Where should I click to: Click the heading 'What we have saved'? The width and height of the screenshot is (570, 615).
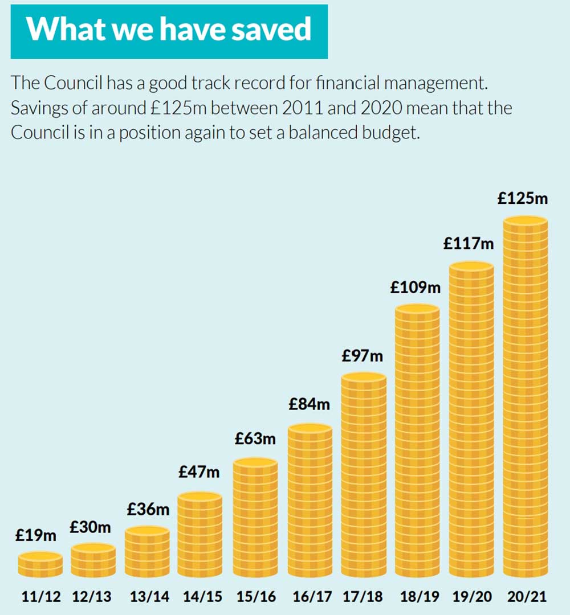(x=169, y=29)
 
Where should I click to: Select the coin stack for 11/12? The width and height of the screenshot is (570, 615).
(x=40, y=564)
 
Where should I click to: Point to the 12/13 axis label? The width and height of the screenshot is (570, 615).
(x=92, y=597)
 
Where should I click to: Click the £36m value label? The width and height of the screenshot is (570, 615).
(x=148, y=509)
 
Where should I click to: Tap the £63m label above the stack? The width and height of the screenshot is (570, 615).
(x=255, y=439)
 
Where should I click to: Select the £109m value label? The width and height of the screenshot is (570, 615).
(x=415, y=288)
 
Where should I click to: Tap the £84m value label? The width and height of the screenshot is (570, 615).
(x=309, y=404)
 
